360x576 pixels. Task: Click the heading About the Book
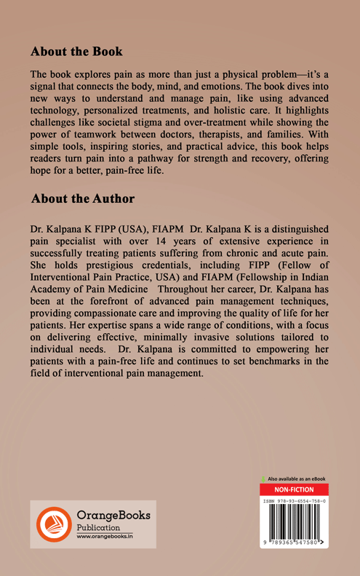coord(76,52)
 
